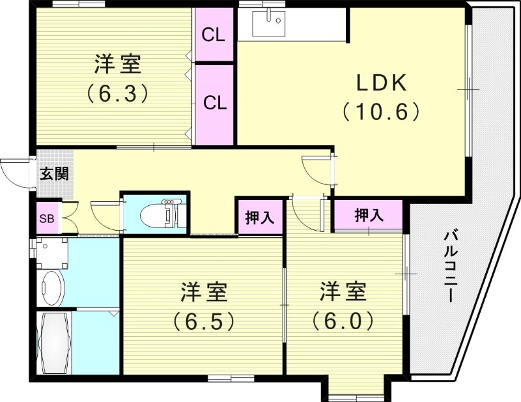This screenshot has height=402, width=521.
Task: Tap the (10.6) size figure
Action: (381, 112)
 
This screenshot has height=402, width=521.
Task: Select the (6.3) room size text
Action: (117, 93)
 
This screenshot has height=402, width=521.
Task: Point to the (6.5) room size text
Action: (203, 321)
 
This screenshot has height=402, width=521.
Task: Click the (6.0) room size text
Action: (343, 321)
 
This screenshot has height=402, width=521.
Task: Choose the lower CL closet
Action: (214, 103)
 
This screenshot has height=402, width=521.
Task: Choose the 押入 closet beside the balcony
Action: (368, 216)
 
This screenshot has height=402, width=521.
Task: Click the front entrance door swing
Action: (16, 173)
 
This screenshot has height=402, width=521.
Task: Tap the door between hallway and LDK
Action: (317, 171)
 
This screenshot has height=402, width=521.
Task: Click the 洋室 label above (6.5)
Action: (203, 292)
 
